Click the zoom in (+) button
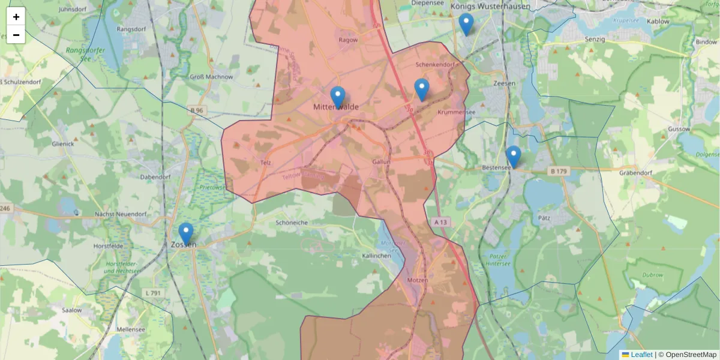click(16, 17)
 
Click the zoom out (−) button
click(16, 35)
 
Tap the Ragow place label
click(348, 40)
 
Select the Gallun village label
click(381, 162)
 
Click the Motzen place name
click(417, 280)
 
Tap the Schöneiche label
click(291, 222)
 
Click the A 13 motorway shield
click(440, 222)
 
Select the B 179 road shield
click(558, 172)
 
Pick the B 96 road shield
click(196, 110)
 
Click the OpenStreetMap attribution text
click(691, 355)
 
